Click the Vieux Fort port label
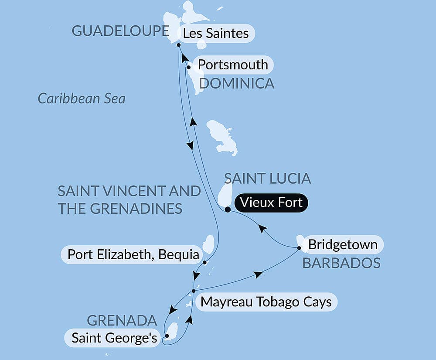point(271,203)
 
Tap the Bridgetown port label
point(343,244)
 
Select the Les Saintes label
point(216,33)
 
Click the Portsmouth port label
point(233,65)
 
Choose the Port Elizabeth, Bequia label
point(133,254)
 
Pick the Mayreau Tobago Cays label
point(266,302)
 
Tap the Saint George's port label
point(114,338)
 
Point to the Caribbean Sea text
point(82,99)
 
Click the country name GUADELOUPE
point(120,31)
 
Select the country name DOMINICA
point(237,83)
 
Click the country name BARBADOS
point(341,263)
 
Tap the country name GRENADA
point(122,321)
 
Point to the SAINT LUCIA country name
point(267,178)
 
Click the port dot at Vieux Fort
point(228,209)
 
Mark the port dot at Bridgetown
point(299,248)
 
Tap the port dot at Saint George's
point(167,336)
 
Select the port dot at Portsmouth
point(188,67)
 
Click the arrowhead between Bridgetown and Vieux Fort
point(262,228)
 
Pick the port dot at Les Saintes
point(179,45)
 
